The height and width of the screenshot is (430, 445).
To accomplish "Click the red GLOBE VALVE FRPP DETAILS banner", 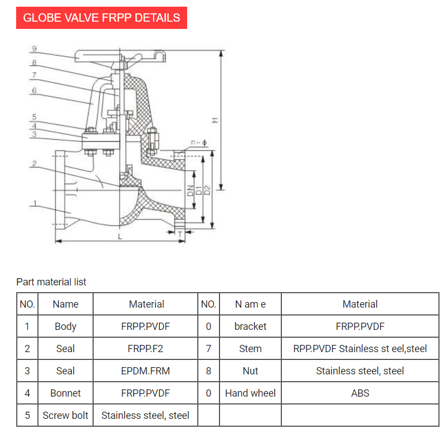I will click(x=101, y=17).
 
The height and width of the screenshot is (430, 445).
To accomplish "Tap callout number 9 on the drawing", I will click(x=34, y=49).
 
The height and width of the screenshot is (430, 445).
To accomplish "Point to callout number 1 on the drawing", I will click(x=34, y=204).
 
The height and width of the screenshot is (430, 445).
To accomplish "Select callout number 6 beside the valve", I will click(x=34, y=90).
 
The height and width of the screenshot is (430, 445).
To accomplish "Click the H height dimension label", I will click(x=215, y=120).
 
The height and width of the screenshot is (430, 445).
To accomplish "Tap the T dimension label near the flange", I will click(x=180, y=235).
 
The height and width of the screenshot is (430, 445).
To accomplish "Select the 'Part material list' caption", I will click(x=51, y=282).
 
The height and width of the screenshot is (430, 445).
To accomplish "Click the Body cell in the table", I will click(x=65, y=327).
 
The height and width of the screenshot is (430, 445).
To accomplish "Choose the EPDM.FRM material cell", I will click(x=145, y=371).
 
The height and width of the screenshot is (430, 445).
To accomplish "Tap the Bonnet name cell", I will click(x=65, y=393).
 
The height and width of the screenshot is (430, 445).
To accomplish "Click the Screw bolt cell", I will click(x=65, y=416).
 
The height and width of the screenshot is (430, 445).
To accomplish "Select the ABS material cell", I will click(x=360, y=393).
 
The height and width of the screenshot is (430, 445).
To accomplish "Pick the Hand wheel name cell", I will click(x=250, y=393).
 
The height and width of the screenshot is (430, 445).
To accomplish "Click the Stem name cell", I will click(x=250, y=349).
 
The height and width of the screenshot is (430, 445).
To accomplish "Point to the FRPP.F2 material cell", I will click(x=145, y=349).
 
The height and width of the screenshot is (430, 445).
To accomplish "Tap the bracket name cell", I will click(x=250, y=327).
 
